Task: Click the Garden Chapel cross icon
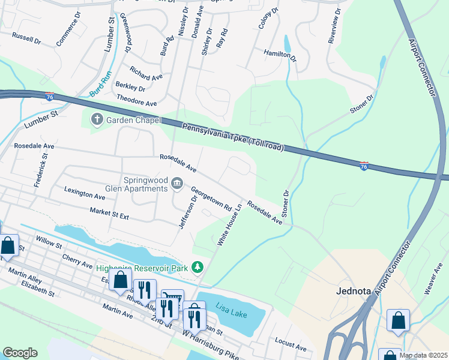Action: tap(97, 119)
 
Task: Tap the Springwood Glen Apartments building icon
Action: tap(177, 183)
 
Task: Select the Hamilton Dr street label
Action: tap(280, 56)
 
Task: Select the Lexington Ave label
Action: tap(85, 192)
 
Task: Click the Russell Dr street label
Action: tap(26, 38)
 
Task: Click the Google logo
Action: tap(20, 353)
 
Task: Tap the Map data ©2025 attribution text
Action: tap(423, 355)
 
